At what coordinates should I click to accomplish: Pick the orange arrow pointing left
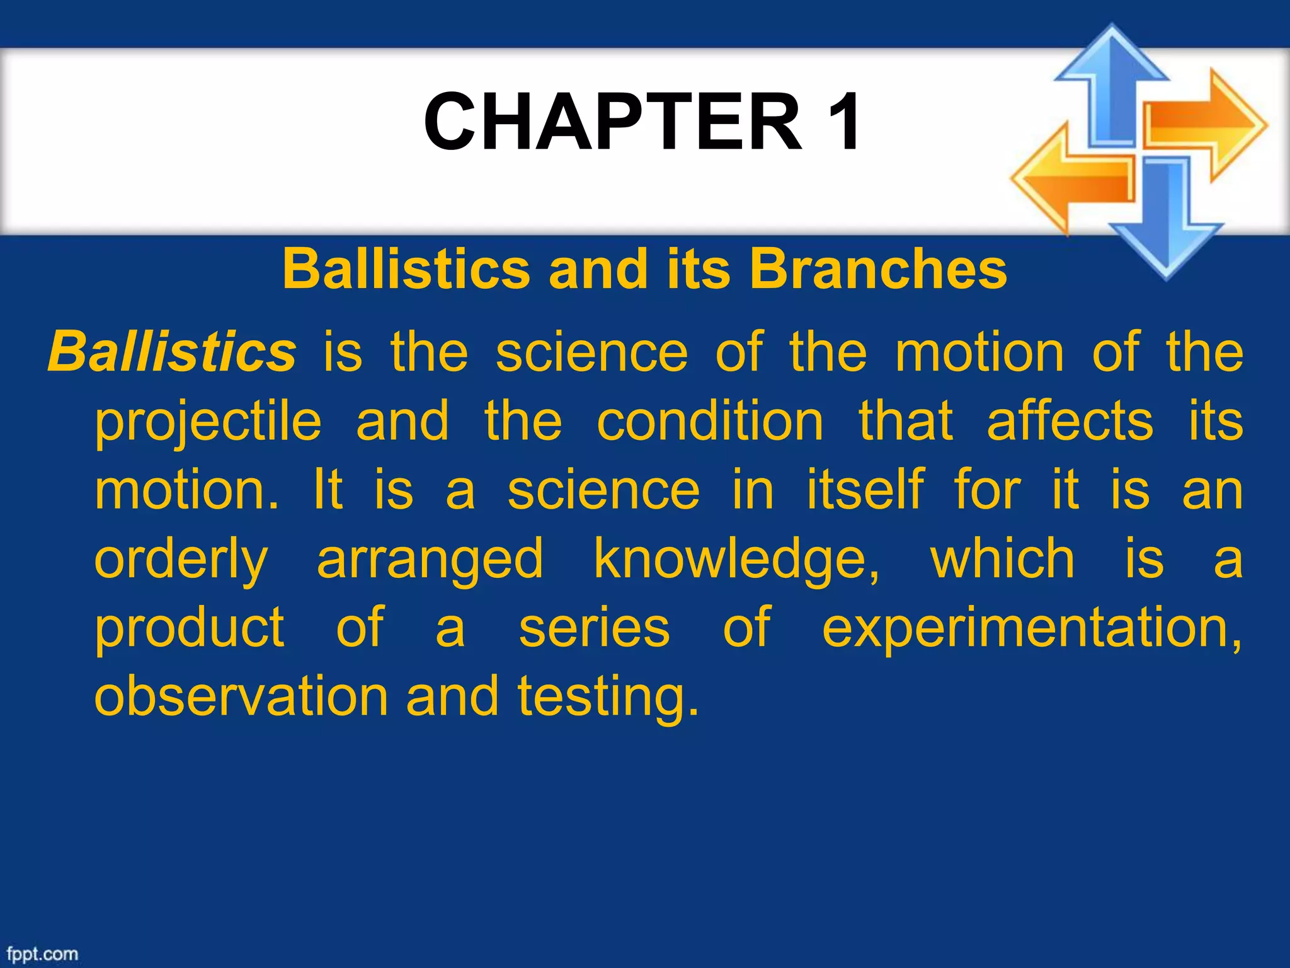tap(1071, 180)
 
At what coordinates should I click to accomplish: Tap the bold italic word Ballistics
tap(171, 352)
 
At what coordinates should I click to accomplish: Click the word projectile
tap(208, 421)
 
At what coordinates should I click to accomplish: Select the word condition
tap(710, 421)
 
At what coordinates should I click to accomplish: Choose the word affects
tap(1070, 421)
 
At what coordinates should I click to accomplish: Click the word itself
tap(865, 490)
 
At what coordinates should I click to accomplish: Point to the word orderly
tap(181, 560)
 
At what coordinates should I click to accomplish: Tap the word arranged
tap(430, 560)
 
